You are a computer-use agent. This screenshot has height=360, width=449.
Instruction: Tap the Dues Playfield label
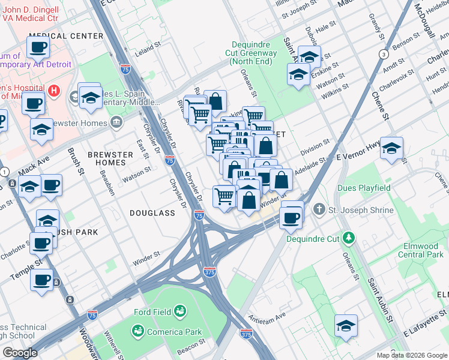364,188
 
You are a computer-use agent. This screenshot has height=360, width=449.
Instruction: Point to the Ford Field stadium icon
179,310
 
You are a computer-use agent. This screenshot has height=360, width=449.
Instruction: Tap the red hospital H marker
54,91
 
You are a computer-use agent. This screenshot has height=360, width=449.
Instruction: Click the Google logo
20,353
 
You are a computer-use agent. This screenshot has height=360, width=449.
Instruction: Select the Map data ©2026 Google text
411,355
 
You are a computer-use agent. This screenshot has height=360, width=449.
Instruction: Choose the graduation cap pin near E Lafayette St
346,325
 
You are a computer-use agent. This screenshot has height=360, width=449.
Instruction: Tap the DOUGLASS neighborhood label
152,213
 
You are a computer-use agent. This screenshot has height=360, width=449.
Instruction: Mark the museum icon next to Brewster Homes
116,124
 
